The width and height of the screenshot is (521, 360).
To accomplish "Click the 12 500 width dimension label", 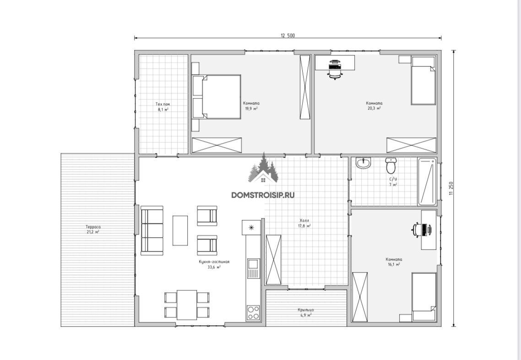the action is point(288,36).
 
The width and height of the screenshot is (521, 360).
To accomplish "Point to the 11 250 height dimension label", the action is point(451,188).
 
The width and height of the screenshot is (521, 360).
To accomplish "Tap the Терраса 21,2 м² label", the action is point(93,229).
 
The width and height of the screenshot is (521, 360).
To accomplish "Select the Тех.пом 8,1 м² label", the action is point(163,107).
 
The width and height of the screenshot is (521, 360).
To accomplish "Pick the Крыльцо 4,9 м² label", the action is point(306,312).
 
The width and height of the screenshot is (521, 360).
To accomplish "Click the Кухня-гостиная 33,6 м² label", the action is point(214,264).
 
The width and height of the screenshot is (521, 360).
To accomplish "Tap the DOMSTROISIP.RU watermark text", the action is point(263,195).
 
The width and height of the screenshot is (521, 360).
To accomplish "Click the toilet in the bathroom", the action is point(391,165).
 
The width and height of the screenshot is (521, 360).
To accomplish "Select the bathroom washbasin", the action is point(363,163).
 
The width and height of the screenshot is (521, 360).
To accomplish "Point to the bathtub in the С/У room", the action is point(427,182).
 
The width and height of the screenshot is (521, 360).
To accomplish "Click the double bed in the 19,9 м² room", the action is point(216,97).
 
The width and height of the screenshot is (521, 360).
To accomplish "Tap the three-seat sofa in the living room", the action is point(152,231).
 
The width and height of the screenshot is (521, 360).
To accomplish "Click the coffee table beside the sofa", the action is point(180,230).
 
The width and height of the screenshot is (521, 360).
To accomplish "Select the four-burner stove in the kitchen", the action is point(253,313).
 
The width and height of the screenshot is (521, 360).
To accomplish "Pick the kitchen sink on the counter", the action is point(253,265).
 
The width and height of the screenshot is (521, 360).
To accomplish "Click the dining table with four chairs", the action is point(187,305).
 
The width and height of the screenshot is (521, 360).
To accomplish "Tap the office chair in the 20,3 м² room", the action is point(335,69).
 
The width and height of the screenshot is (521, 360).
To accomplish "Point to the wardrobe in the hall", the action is point(273,260).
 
